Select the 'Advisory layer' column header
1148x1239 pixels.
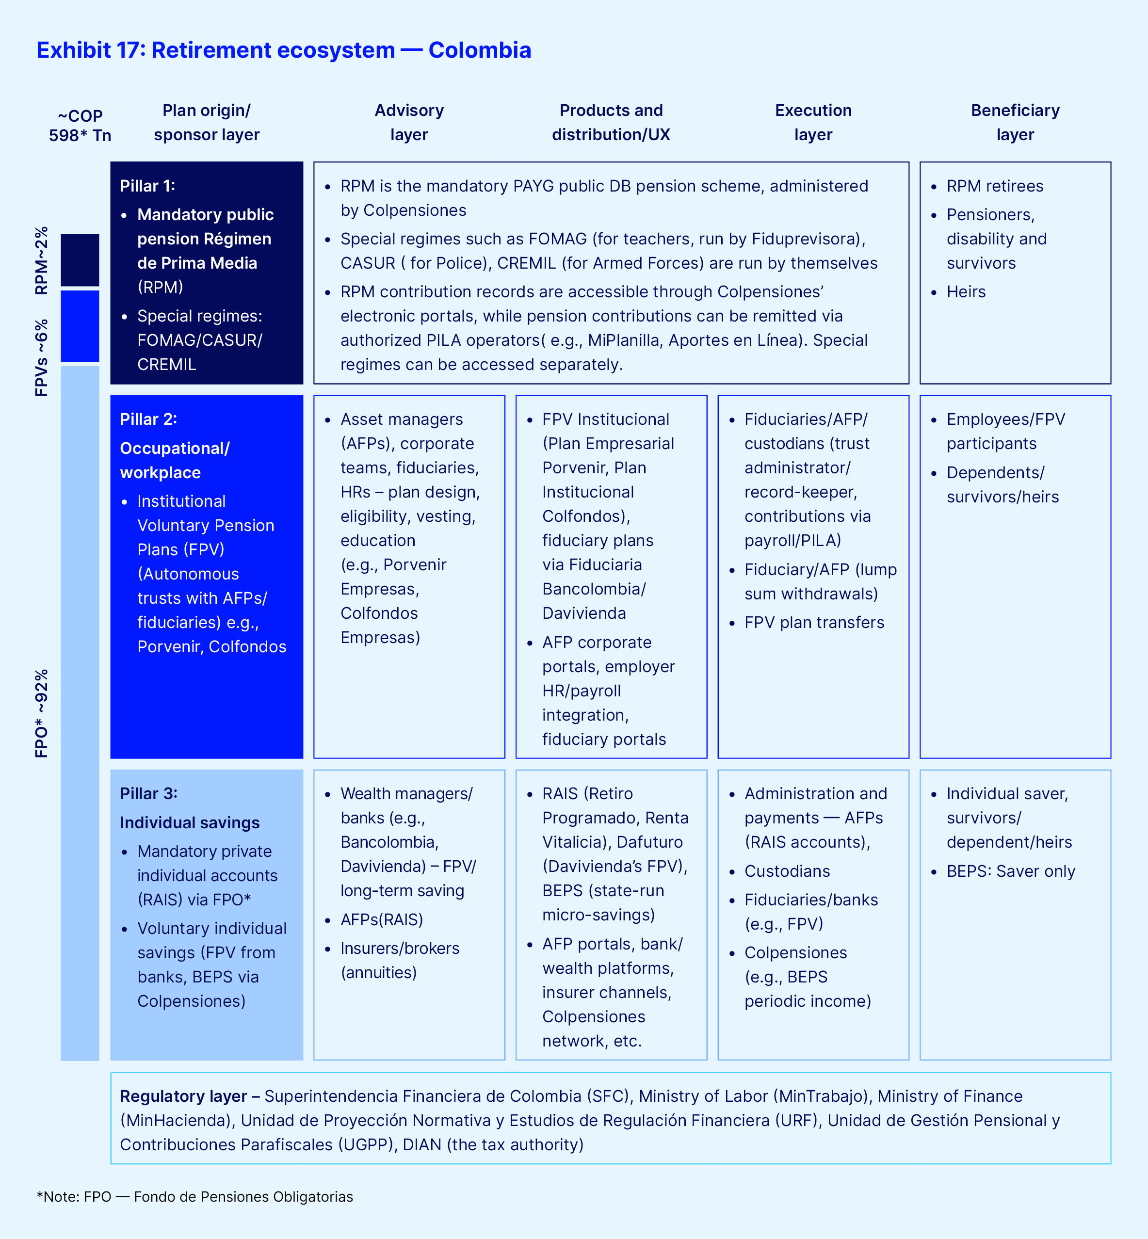pyautogui.click(x=409, y=122)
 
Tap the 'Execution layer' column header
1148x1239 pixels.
pyautogui.click(x=813, y=122)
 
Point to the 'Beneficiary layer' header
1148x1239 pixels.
pyautogui.click(x=1015, y=122)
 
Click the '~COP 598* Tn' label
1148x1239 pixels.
pyautogui.click(x=80, y=126)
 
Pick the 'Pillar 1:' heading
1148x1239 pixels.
pyautogui.click(x=147, y=186)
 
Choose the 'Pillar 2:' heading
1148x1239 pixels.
pyautogui.click(x=148, y=419)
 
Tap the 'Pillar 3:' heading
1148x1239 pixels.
pyautogui.click(x=148, y=794)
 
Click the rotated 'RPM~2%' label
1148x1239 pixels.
pyautogui.click(x=41, y=260)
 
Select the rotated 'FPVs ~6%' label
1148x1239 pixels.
pyautogui.click(x=41, y=358)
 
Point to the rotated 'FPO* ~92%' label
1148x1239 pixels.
pyautogui.click(x=41, y=714)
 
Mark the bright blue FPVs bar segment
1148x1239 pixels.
pyautogui.click(x=80, y=326)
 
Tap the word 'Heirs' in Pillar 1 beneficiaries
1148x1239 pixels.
pyautogui.click(x=966, y=292)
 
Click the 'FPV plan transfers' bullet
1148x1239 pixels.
pyautogui.click(x=814, y=622)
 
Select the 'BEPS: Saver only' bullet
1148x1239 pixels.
pyautogui.click(x=1011, y=871)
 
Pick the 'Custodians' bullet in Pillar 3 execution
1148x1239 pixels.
pyautogui.click(x=787, y=871)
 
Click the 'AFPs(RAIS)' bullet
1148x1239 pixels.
pyautogui.click(x=381, y=920)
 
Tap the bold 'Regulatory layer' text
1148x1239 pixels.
pyautogui.click(x=183, y=1096)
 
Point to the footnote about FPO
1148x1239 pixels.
pyautogui.click(x=195, y=1197)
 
